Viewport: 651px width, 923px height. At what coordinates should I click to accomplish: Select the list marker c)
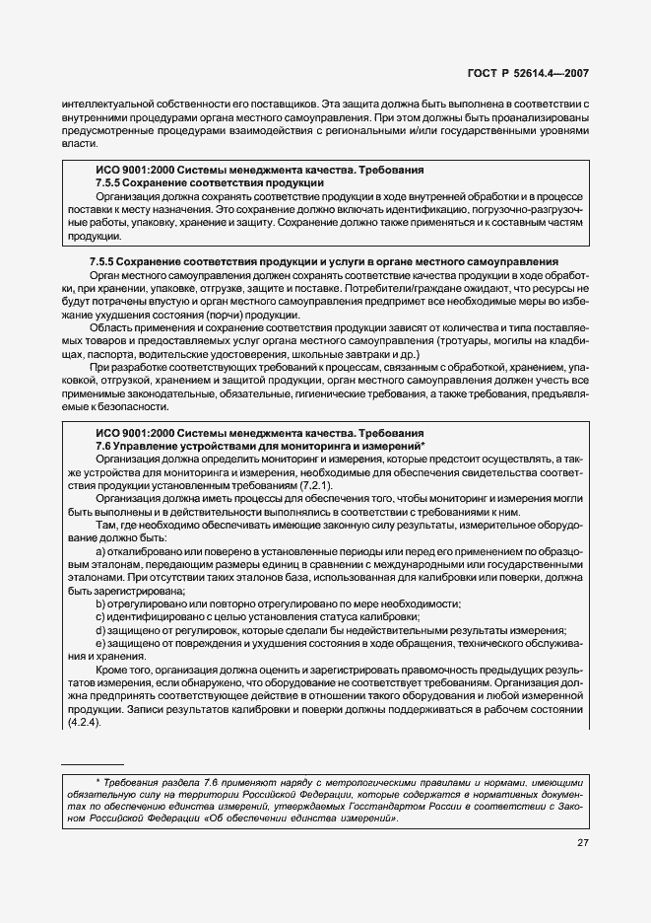pyautogui.click(x=100, y=616)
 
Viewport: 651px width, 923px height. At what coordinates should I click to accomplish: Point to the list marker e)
pyautogui.click(x=100, y=644)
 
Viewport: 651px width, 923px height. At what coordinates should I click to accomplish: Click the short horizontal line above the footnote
pyautogui.click(x=93, y=764)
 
